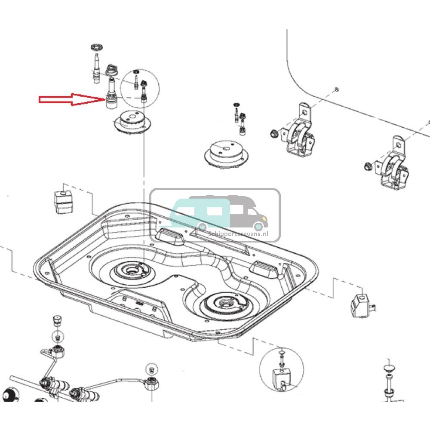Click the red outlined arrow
71,100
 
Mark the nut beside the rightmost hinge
367,166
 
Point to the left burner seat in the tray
129,270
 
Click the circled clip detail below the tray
281,370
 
